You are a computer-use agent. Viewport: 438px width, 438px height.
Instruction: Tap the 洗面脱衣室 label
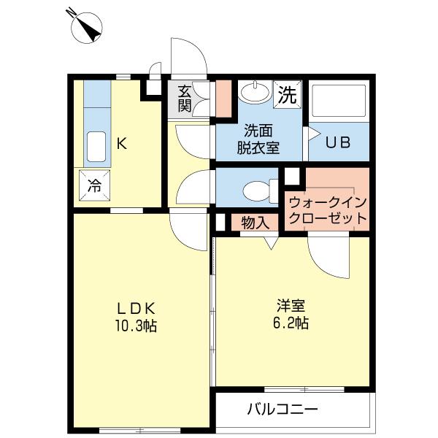[258, 139]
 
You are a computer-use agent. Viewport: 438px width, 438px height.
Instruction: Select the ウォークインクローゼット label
[326, 210]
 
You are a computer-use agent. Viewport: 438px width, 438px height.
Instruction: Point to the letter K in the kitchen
[123, 144]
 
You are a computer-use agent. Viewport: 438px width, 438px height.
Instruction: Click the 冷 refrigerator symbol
[95, 185]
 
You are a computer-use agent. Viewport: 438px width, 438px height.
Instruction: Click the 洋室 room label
[291, 304]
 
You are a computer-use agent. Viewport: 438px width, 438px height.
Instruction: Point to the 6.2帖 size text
[291, 322]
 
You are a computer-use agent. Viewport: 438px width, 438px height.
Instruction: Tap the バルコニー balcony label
[282, 409]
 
